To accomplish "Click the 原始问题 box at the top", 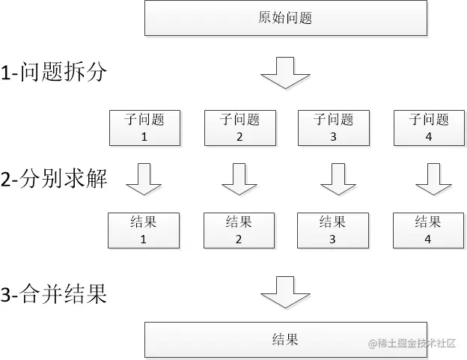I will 285,18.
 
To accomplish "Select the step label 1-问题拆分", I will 54,73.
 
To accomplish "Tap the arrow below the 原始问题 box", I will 285,72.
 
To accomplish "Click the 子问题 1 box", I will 144,127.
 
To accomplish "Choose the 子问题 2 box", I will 239,127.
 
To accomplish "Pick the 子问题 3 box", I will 333,127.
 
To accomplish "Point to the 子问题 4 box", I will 429,127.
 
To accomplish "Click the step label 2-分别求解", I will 54,180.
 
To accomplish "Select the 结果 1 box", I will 144,230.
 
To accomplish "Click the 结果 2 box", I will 239,230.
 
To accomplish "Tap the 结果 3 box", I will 332,230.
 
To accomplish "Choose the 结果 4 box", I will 428,230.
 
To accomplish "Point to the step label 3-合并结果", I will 54,294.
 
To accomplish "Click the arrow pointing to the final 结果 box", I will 285,291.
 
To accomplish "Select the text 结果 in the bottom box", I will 285,340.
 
